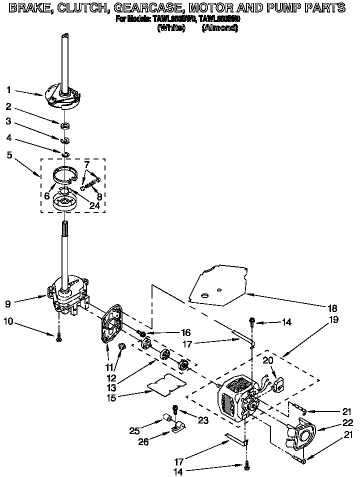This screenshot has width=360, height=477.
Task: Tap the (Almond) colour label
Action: point(219,28)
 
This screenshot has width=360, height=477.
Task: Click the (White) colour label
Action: point(171,28)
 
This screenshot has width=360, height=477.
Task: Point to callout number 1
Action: point(9,90)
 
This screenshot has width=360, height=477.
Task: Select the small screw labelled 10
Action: point(59,338)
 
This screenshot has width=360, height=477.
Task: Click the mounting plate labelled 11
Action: point(114,325)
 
